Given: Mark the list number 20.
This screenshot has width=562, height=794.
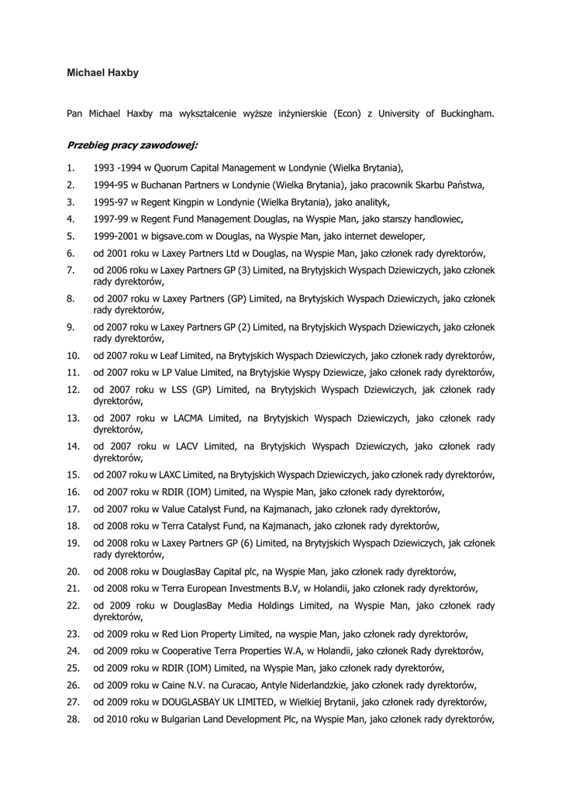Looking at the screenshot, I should tap(73, 571).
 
